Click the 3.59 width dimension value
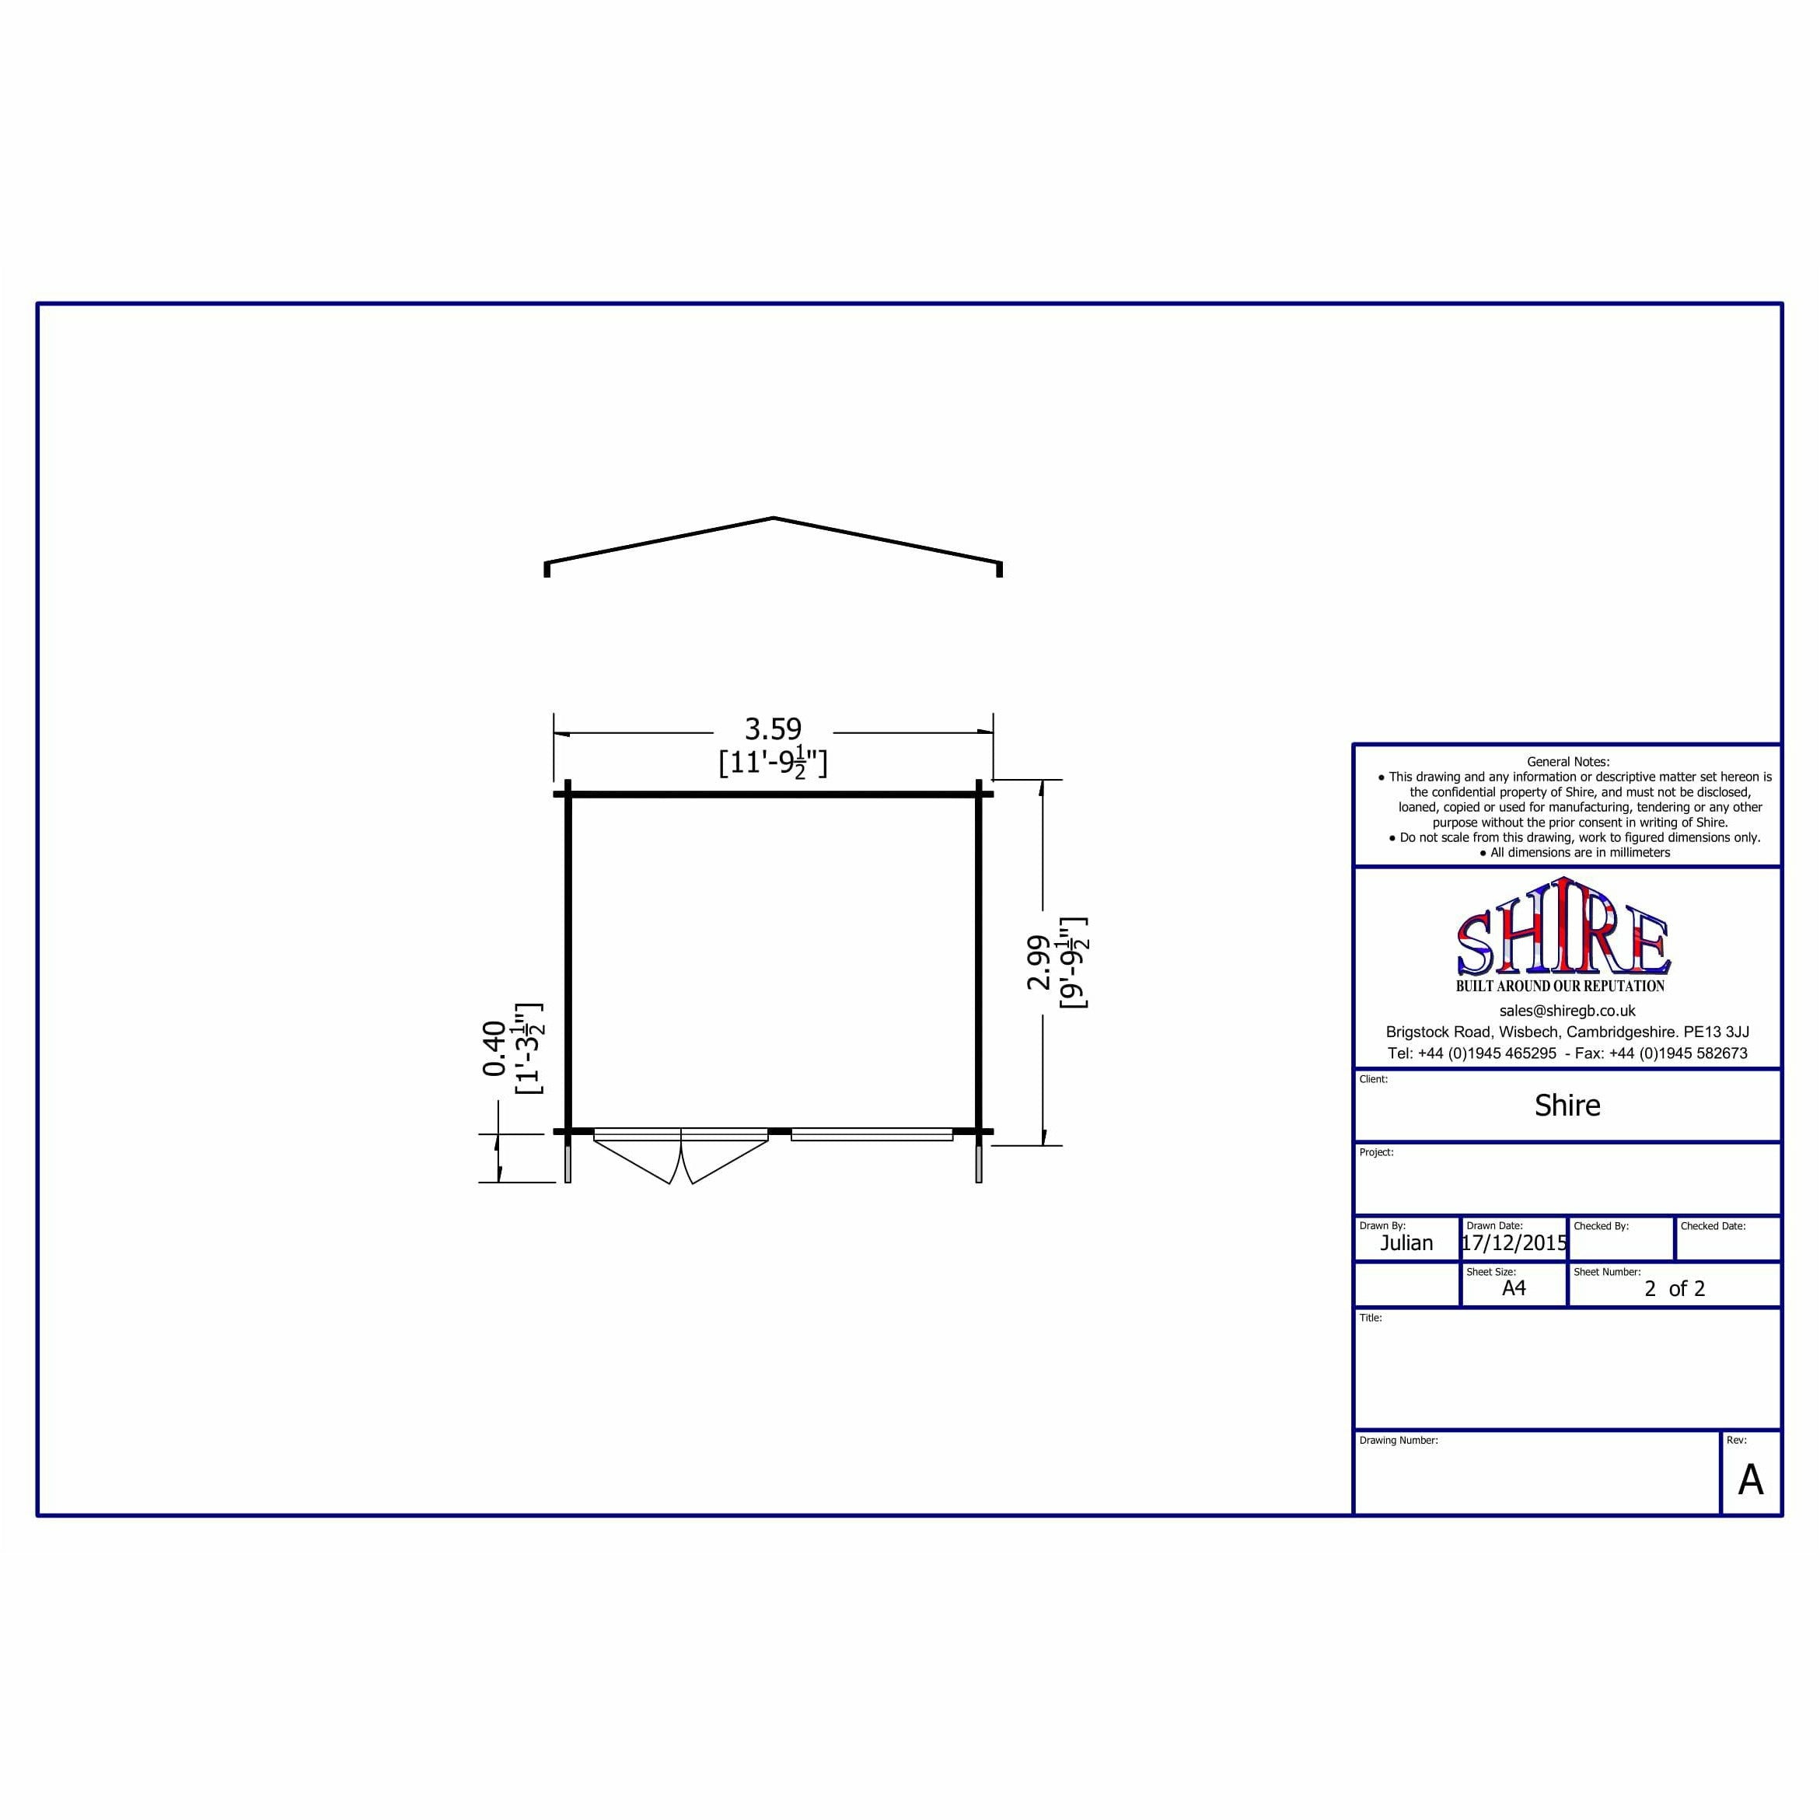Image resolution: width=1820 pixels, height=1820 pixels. coord(773,729)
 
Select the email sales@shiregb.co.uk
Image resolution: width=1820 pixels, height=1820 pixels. coord(1567,1011)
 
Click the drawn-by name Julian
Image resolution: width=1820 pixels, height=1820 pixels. coord(1406,1242)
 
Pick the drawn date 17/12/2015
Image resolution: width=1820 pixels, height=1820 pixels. coord(1514,1242)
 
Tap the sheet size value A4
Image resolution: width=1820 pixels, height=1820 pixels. coord(1513,1287)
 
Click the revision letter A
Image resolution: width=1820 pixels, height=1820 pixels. coord(1750,1480)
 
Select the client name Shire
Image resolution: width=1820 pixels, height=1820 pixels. coord(1567,1105)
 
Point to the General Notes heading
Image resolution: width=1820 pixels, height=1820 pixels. coord(1567,761)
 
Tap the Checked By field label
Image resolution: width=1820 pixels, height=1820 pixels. coord(1601,1225)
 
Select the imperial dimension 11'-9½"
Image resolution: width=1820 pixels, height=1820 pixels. coord(773,761)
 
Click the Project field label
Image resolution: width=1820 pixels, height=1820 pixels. coord(1375,1152)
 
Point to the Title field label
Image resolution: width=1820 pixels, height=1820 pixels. coord(1370,1318)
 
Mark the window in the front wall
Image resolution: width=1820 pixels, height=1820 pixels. coord(872,1134)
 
